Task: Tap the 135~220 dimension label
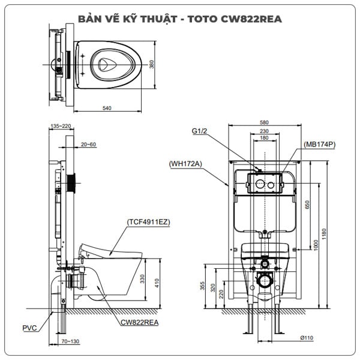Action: click(x=61, y=126)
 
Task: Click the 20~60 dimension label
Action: click(x=88, y=144)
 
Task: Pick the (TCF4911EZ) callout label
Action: click(x=148, y=221)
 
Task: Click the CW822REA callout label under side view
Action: click(x=139, y=322)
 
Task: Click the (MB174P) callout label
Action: click(x=319, y=144)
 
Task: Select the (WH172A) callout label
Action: click(x=185, y=163)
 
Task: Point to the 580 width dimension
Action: click(x=263, y=122)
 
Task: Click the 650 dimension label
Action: click(x=308, y=204)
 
